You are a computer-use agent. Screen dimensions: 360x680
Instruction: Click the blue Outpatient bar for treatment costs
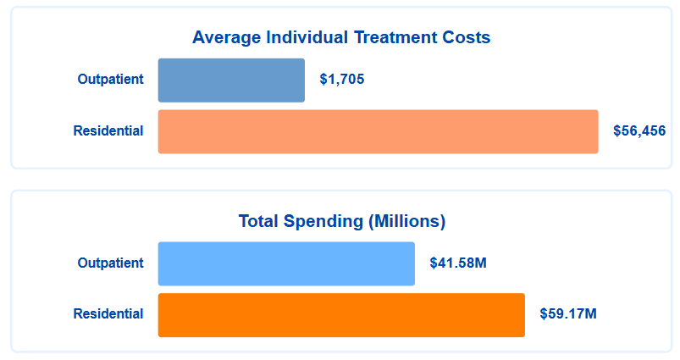231,80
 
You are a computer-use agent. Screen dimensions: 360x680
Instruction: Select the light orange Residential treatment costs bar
378,132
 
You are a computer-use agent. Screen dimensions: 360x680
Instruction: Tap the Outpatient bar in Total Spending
286,263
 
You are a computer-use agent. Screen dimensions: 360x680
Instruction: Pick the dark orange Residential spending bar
341,315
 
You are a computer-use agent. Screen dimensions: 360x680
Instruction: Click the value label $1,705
342,80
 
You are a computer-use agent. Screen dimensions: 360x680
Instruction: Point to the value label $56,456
639,132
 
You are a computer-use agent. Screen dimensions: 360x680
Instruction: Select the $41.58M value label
458,263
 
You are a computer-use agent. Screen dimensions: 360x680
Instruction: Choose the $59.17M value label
568,314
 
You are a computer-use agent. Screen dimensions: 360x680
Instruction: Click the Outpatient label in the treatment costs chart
110,80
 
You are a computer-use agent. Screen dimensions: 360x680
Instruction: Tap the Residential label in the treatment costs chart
108,131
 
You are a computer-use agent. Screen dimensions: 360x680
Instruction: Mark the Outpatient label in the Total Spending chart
110,263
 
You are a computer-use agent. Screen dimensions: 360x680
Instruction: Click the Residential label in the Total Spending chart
108,314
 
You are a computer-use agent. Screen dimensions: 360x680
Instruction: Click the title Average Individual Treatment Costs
341,38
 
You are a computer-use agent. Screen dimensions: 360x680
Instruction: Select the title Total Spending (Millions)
341,222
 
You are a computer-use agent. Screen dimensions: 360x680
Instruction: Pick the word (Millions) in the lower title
406,222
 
